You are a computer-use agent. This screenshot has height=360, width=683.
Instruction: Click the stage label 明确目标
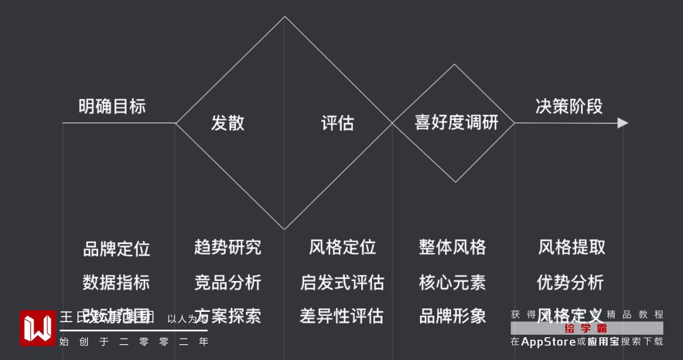pyautogui.click(x=112, y=106)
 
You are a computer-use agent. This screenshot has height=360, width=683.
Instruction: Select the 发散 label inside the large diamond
pyautogui.click(x=228, y=123)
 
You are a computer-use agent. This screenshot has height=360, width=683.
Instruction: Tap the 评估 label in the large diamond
pyautogui.click(x=338, y=123)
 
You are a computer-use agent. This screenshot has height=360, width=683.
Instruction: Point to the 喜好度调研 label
pyautogui.click(x=456, y=122)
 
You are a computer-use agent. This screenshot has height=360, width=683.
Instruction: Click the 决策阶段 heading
pyautogui.click(x=569, y=106)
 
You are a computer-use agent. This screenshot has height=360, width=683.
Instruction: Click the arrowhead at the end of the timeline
pyautogui.click(x=623, y=123)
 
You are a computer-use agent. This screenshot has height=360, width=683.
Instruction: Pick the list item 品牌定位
pyautogui.click(x=116, y=249)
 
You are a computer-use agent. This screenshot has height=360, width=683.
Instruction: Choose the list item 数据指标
pyautogui.click(x=116, y=282)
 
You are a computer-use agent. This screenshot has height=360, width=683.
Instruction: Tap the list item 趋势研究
pyautogui.click(x=228, y=247)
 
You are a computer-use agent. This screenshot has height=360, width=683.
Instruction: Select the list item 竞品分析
pyautogui.click(x=228, y=282)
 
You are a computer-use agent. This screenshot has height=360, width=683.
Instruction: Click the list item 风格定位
pyautogui.click(x=342, y=247)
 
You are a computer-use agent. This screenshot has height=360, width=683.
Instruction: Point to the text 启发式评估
pyautogui.click(x=342, y=282)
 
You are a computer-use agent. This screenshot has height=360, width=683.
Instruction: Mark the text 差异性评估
pyautogui.click(x=342, y=316)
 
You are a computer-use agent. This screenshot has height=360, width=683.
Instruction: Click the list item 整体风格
pyautogui.click(x=452, y=247)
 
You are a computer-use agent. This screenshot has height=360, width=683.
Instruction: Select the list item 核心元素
pyautogui.click(x=452, y=282)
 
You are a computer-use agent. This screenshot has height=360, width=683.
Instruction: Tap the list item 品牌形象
pyautogui.click(x=452, y=316)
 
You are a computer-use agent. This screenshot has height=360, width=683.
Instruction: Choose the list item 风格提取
pyautogui.click(x=572, y=247)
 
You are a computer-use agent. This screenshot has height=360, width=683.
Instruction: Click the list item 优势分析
pyautogui.click(x=570, y=282)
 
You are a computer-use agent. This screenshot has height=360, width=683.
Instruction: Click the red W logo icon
pyautogui.click(x=37, y=328)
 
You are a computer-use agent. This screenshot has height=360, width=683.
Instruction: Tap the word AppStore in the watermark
pyautogui.click(x=548, y=342)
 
